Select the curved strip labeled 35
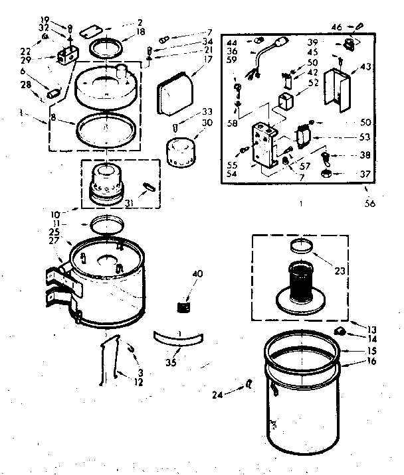[x=177, y=338]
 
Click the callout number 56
[x=369, y=204]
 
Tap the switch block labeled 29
[x=66, y=56]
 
